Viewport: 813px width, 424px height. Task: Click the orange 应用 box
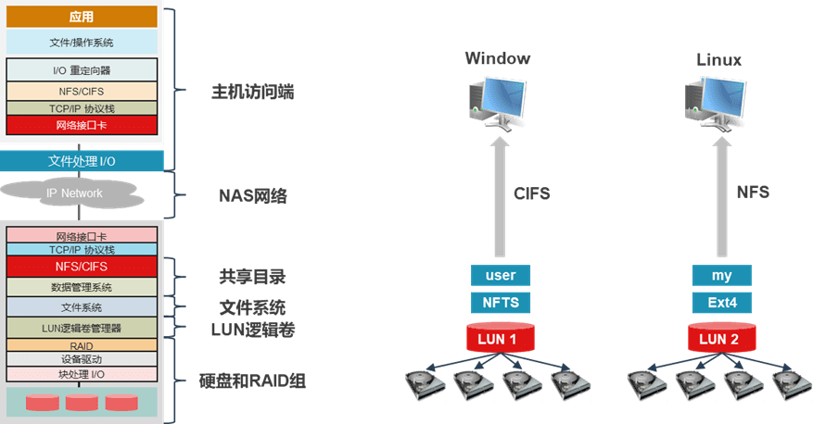pos(82,17)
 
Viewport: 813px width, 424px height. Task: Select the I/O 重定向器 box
pos(82,69)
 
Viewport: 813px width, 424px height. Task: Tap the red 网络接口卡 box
pos(82,125)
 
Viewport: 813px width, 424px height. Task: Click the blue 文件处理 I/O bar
pos(82,161)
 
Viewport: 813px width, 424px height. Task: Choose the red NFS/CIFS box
pos(82,267)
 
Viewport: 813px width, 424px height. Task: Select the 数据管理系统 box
pos(82,287)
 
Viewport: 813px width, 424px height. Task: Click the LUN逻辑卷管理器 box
pos(82,328)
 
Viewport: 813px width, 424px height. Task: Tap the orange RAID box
pos(82,345)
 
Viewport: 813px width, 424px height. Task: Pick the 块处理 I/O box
pos(82,374)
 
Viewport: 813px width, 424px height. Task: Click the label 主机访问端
pos(252,93)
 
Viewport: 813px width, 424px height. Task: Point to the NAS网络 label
pos(252,195)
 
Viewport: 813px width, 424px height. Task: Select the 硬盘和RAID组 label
pos(252,381)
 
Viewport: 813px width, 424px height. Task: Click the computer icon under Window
pos(498,104)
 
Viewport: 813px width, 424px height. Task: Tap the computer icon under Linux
pos(716,104)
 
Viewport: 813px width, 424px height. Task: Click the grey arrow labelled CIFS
pos(500,197)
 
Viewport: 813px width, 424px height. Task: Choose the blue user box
pos(501,276)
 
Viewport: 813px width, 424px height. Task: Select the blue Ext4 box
pos(722,303)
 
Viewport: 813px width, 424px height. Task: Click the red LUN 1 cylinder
pos(501,337)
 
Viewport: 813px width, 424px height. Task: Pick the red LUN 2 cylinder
pos(722,337)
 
